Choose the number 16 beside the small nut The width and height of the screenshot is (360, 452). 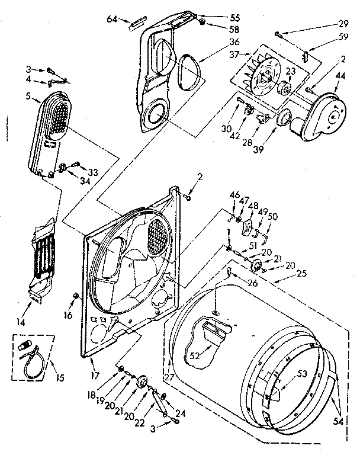point(69,315)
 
